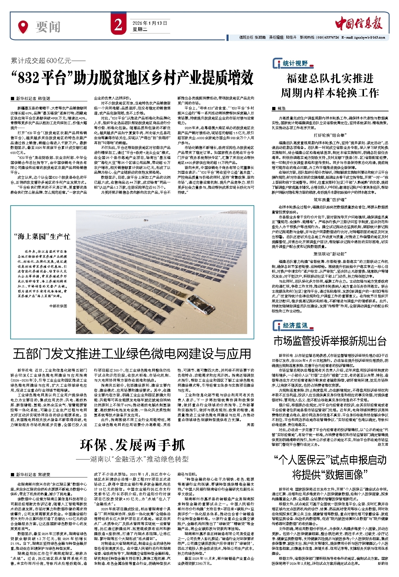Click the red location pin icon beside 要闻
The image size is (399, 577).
23,27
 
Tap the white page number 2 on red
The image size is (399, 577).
118,25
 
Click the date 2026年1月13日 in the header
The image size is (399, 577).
149,23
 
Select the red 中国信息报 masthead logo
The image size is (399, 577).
359,23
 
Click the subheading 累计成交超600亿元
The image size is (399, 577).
48,61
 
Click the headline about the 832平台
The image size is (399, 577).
132,78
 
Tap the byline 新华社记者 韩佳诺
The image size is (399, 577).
33,98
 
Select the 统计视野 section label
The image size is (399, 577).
295,63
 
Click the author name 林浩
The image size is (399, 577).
281,108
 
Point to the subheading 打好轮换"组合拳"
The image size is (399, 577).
330,135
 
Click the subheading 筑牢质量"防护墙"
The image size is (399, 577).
330,199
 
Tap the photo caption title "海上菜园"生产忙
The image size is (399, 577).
42,236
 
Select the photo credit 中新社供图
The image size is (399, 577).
58,306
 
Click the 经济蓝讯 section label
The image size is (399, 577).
295,325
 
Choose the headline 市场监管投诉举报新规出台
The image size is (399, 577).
330,341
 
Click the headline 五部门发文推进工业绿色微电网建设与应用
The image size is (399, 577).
132,354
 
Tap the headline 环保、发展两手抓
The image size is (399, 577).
132,445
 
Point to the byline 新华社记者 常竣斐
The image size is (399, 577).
33,475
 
